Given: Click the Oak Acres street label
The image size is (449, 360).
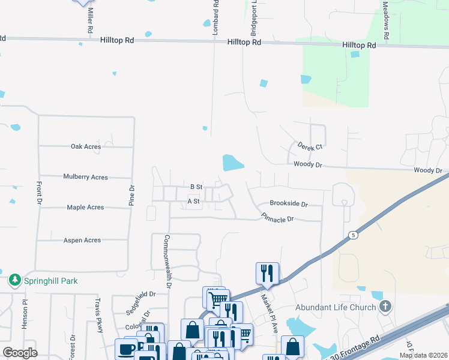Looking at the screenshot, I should (85, 146).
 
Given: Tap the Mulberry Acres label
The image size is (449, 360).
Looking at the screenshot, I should (85, 177).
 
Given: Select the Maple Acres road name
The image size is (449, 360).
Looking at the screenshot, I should (85, 208).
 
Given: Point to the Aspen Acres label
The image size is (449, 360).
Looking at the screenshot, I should (82, 240).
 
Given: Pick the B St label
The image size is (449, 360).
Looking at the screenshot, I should (196, 187).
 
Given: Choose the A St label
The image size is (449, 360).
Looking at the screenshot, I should (193, 202).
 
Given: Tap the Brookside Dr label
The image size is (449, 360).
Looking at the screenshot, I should (288, 204).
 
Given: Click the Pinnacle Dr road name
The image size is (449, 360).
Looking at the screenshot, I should (277, 217).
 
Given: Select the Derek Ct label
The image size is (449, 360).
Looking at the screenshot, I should (310, 146).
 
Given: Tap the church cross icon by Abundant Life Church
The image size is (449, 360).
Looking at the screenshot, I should (385, 307).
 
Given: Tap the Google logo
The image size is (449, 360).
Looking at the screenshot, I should (20, 353).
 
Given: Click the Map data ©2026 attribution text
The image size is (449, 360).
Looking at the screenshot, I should (423, 355).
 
